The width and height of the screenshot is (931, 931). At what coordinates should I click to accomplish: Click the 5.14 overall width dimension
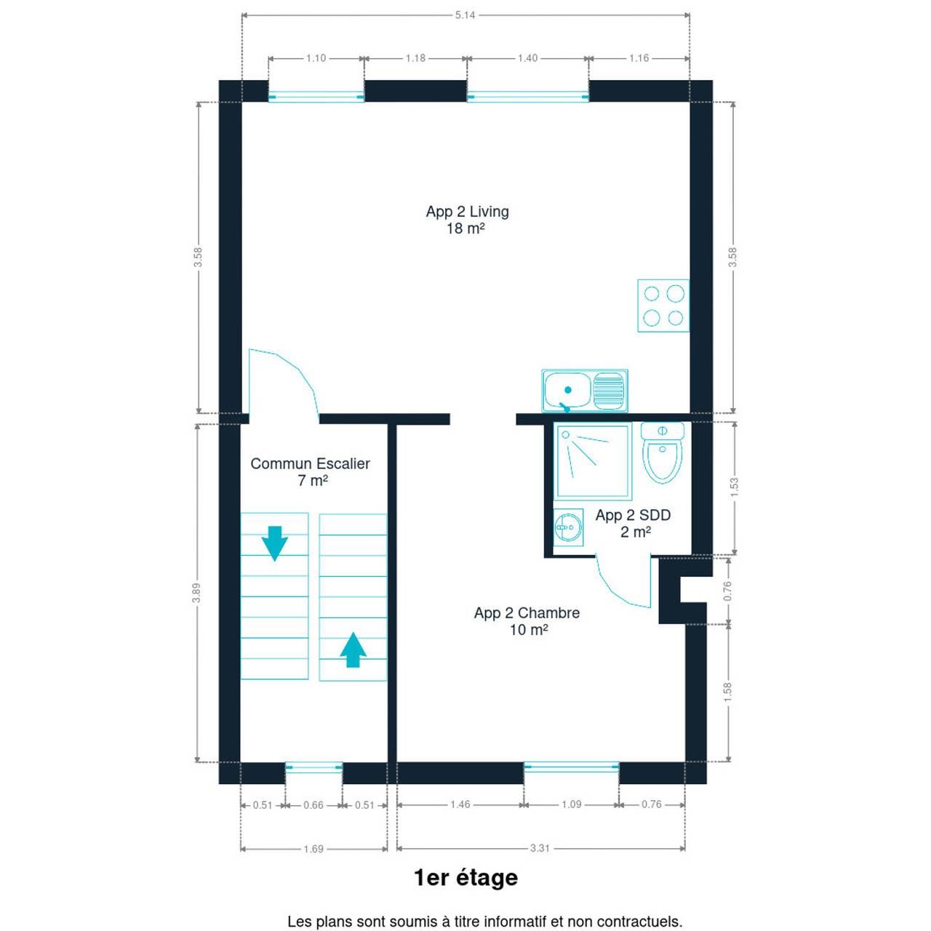(465, 15)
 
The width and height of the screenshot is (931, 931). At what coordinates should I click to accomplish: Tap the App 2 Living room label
(467, 220)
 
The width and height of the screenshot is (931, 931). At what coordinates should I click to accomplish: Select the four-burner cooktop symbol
(663, 305)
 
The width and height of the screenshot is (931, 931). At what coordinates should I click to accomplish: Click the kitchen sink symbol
(585, 391)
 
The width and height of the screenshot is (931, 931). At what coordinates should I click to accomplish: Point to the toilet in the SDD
(663, 452)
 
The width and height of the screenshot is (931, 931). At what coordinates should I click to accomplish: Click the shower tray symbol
(593, 461)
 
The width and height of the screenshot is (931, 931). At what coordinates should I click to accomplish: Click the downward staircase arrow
(274, 543)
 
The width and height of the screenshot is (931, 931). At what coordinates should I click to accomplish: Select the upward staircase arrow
(353, 650)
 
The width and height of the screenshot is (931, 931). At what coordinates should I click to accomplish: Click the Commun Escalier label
(310, 472)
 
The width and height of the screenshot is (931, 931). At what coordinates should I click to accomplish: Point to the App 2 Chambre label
(527, 621)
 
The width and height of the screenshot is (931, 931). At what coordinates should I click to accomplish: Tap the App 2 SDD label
(634, 523)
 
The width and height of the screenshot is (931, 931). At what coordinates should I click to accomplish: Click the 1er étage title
(466, 877)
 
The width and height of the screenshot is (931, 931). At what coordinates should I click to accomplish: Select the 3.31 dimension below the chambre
(540, 848)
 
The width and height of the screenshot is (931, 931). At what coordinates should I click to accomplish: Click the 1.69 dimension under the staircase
(313, 848)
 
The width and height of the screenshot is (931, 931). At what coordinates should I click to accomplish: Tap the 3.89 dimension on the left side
(196, 594)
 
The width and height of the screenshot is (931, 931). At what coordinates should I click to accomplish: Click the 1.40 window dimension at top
(527, 58)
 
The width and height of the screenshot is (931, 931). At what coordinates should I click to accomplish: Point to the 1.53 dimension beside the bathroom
(735, 488)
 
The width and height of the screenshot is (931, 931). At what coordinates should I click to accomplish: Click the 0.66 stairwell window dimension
(313, 805)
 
